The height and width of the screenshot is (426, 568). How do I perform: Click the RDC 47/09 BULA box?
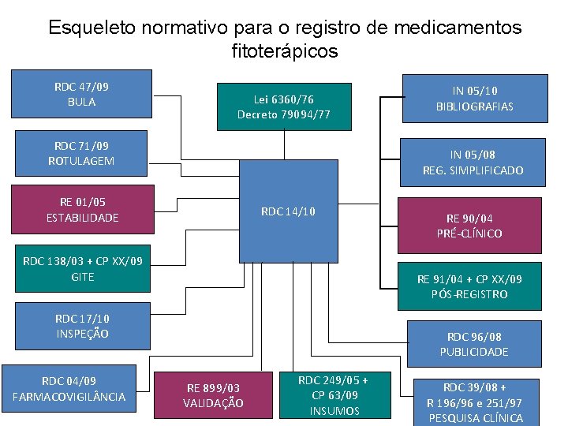76,94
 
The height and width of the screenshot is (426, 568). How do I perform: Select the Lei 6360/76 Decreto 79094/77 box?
283,106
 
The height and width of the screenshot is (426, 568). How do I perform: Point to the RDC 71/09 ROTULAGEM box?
79,153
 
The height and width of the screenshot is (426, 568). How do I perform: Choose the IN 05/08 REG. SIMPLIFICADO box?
473,163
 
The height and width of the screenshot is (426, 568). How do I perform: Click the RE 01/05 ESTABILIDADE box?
82,209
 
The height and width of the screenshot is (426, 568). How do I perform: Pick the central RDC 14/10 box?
288,211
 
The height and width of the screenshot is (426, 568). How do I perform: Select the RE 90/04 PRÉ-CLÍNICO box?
471,225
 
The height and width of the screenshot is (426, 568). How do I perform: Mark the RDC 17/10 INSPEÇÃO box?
83,326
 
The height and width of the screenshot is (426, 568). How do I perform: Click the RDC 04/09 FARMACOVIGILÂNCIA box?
69,388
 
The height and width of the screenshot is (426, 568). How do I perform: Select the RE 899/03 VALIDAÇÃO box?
213,395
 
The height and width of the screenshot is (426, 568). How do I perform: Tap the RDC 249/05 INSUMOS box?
334,394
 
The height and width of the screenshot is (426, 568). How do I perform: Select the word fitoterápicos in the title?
285,52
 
